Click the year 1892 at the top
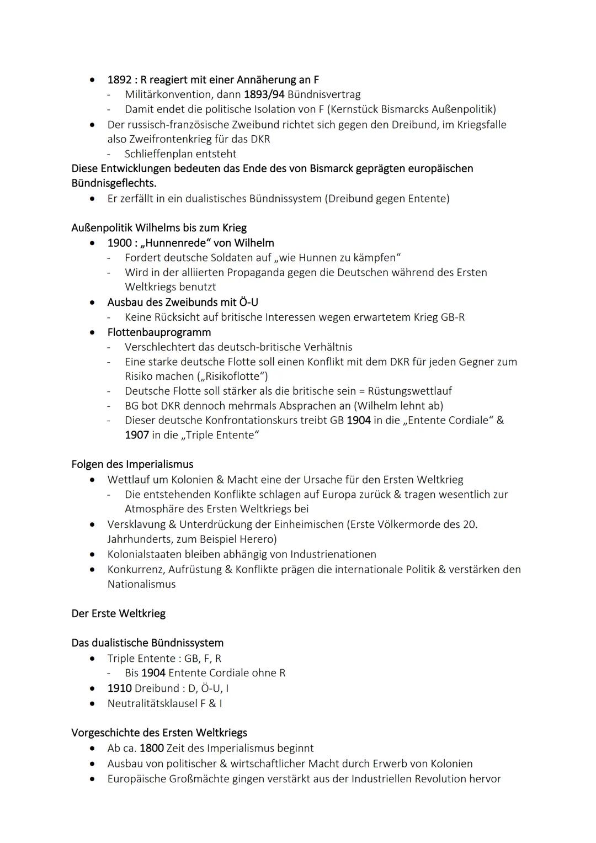coord(119,79)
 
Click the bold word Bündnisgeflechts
coord(114,183)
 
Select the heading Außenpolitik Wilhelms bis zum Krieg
coord(159,228)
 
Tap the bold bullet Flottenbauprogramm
coord(159,332)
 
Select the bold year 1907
coord(136,435)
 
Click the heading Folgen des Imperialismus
coord(132,464)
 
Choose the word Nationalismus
coord(141,584)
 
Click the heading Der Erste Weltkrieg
coord(118,613)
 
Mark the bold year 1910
coord(119,688)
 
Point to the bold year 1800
coord(151,749)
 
